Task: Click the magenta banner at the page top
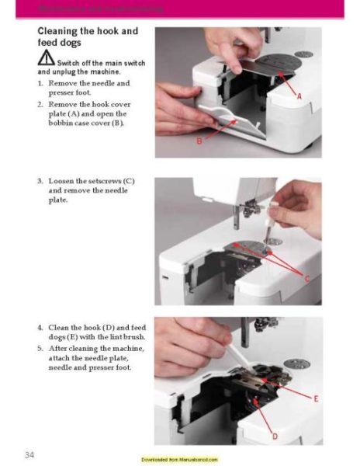pos(180,9)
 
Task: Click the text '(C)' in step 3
pos(125,181)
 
